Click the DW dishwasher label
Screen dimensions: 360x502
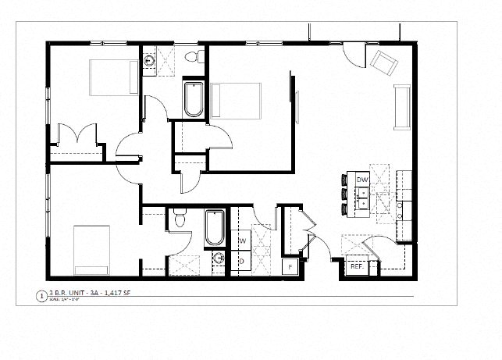click(362, 180)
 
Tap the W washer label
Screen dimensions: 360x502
click(242, 241)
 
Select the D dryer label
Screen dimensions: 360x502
click(242, 260)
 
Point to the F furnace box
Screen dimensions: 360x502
click(290, 267)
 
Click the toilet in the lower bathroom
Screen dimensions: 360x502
click(179, 219)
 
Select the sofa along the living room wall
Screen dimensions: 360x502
click(403, 107)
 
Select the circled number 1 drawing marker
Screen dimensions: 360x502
click(41, 296)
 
